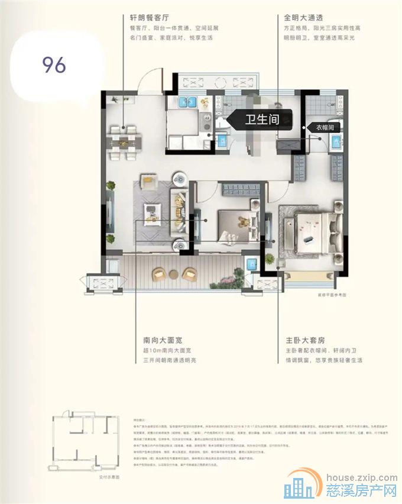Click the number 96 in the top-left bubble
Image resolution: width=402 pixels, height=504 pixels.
click(54, 65)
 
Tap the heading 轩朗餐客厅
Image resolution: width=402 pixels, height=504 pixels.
click(150, 18)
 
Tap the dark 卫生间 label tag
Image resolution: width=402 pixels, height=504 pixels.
click(261, 119)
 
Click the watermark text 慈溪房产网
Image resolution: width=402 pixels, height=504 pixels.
click(360, 490)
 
